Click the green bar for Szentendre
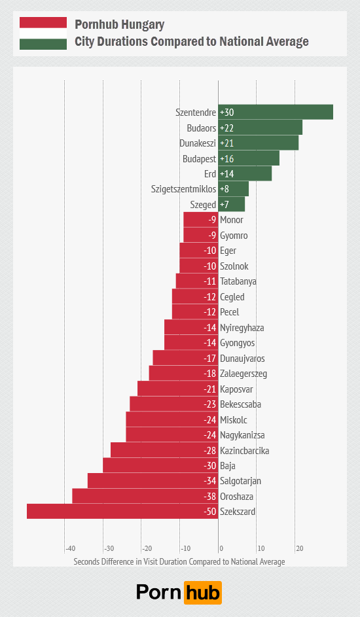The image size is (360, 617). pos(276,112)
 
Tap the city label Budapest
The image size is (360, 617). pos(199,159)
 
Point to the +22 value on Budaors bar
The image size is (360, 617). pos(227,128)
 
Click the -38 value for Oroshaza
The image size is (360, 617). pos(209,497)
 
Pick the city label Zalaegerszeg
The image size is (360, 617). pos(243,374)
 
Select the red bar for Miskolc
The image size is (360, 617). pos(171,419)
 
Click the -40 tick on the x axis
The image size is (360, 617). pos(69,548)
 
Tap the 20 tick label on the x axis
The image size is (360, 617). pos(299,548)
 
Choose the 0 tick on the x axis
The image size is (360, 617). pos(221,548)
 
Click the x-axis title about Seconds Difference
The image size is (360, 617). pos(179,561)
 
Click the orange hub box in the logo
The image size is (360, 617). pos(204,592)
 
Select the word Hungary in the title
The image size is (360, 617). pos(142,26)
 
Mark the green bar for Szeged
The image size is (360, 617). pos(232,205)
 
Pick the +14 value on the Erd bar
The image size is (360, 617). pos(227,174)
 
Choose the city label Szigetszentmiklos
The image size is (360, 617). pos(183,190)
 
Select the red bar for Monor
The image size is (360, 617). pos(200,220)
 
